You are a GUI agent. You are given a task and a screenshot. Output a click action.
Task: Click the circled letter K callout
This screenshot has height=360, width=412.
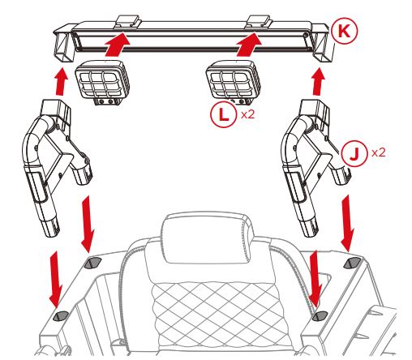[344, 32]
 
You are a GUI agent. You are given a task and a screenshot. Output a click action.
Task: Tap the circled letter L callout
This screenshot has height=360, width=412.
[223, 114]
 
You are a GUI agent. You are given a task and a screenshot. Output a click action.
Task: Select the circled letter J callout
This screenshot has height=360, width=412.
[354, 153]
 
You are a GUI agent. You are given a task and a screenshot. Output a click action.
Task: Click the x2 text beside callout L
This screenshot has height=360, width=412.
[248, 114]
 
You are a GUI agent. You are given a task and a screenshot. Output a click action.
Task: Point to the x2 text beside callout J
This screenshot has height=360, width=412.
[379, 152]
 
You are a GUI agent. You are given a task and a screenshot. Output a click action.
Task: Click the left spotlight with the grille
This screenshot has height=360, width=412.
[102, 83]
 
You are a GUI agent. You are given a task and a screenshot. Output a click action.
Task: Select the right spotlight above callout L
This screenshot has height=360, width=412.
[234, 82]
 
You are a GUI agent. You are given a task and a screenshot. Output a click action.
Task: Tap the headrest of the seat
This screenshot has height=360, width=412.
[208, 238]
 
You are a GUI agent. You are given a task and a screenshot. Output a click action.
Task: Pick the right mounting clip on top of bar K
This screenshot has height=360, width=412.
[260, 22]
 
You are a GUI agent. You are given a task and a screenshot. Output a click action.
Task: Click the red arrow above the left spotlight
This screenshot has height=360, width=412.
[117, 44]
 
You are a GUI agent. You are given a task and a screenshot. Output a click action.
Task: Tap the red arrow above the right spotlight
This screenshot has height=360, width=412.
[249, 44]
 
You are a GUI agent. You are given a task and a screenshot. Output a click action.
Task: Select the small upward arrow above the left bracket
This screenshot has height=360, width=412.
[61, 81]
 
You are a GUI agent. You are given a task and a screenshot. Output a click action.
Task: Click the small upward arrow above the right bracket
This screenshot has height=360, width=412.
[320, 81]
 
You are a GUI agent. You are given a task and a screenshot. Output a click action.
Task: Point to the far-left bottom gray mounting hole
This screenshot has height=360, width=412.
[61, 316]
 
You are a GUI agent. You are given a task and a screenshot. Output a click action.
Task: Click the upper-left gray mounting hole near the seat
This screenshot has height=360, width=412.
[93, 263]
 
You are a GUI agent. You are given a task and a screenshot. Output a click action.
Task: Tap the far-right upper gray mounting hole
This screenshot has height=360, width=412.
[352, 263]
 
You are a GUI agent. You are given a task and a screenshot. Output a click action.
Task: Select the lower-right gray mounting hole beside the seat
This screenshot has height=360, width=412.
[320, 316]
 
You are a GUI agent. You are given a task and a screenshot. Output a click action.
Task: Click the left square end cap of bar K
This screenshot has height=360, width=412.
[64, 43]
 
